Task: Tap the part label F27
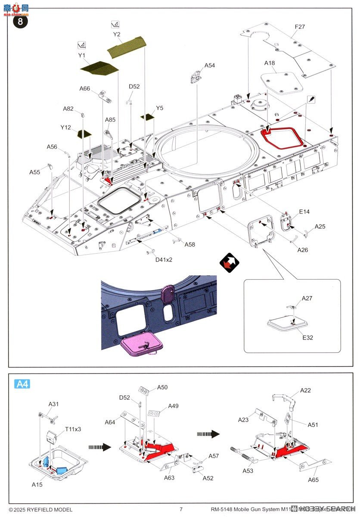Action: tap(300, 27)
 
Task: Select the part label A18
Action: tap(270, 63)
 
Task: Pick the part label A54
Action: tap(209, 65)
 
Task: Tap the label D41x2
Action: tap(164, 259)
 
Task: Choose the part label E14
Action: tap(304, 212)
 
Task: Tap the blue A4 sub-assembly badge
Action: tap(22, 383)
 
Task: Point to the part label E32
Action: tap(307, 337)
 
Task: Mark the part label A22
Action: tap(305, 390)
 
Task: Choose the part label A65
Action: tap(313, 480)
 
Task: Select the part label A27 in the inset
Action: tap(307, 298)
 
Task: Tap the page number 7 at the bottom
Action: tap(181, 509)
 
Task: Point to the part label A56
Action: tap(52, 147)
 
